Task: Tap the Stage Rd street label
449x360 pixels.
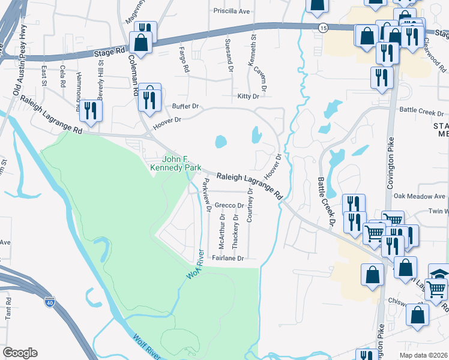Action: coord(109,53)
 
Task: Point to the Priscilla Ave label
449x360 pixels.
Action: coord(232,11)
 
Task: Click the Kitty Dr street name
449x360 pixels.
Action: coord(248,96)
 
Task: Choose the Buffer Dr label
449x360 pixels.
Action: coord(185,106)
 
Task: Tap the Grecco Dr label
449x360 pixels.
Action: coord(228,205)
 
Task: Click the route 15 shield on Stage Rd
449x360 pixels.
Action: coord(323,28)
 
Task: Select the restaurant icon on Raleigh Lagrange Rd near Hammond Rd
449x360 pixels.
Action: coord(91,111)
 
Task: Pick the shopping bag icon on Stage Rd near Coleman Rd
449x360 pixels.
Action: coord(141,43)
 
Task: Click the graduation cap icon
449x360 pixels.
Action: coord(439,273)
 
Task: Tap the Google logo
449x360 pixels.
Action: coord(20,353)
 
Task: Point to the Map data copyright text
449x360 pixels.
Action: coord(423,355)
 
